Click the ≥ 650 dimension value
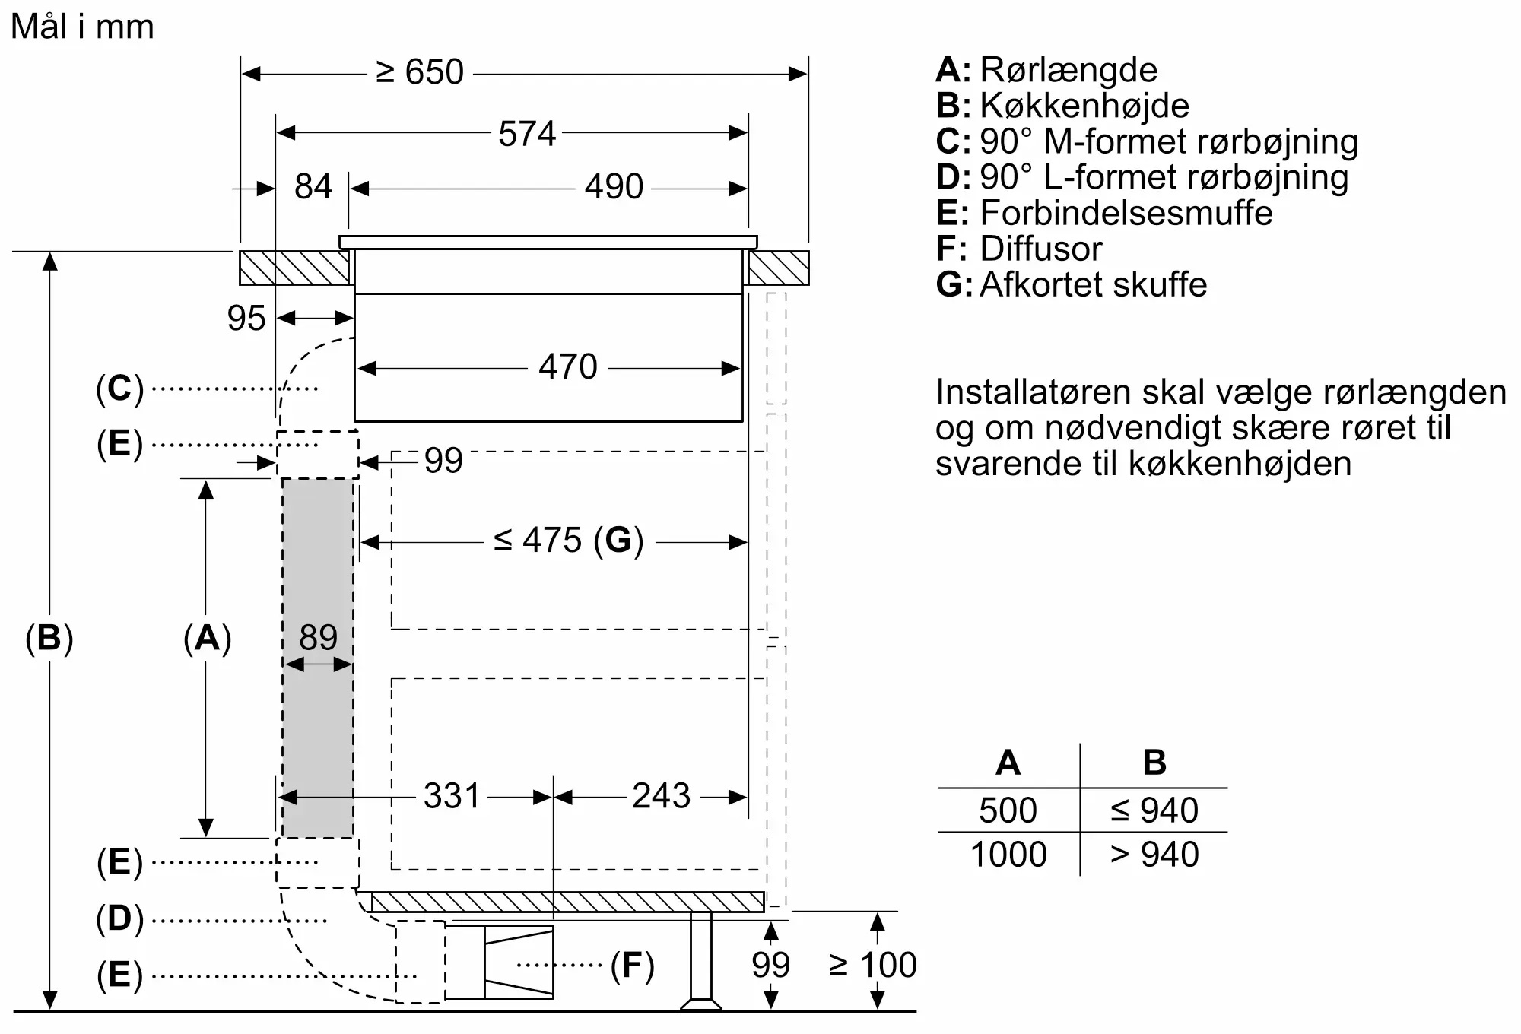point(420,73)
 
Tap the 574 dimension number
point(527,135)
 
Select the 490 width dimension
point(614,187)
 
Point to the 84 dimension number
point(313,187)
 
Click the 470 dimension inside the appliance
point(567,367)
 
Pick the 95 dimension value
point(246,319)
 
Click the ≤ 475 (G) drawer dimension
point(568,541)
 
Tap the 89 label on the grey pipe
point(318,637)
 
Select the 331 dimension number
point(452,796)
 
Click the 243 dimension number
point(661,796)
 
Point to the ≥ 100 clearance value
point(872,966)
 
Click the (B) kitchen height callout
point(49,638)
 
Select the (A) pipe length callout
point(207,638)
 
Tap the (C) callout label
point(119,389)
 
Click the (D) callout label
point(119,918)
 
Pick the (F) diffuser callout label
point(632,966)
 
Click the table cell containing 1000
point(1008,855)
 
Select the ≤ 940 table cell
point(1154,810)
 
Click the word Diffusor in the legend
point(1040,249)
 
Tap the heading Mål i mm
point(82,27)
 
